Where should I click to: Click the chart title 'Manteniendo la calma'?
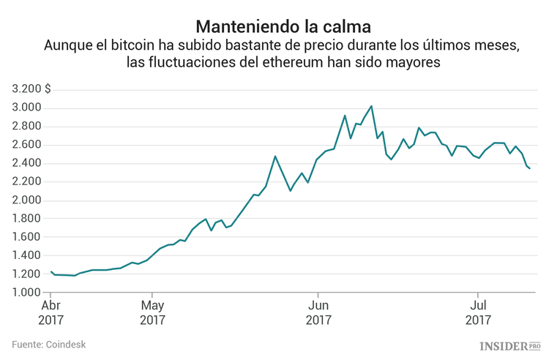[273, 26]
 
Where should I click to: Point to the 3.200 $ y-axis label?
[31, 89]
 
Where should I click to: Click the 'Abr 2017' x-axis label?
[51, 312]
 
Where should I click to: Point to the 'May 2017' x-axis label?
[152, 312]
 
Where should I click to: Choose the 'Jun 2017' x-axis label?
[318, 312]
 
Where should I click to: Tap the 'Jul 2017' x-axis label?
[478, 312]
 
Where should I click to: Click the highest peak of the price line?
[371, 106]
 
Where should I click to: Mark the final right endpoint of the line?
[530, 169]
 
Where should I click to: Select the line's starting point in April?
[51, 271]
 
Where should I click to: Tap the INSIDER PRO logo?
[509, 345]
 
